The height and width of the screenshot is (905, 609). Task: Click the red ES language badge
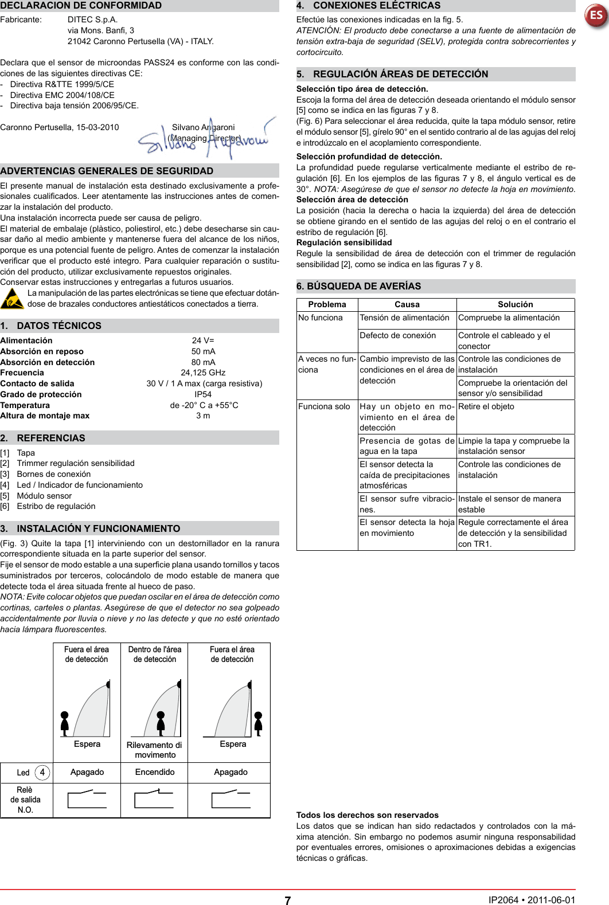pos(596,15)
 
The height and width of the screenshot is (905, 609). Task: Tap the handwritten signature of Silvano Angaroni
pos(204,140)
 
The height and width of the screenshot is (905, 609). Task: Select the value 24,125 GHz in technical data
pos(203,373)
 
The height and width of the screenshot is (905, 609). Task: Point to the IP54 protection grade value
pos(203,394)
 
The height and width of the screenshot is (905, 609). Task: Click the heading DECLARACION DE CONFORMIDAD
pos(81,6)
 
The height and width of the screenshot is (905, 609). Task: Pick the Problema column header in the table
pos(327,304)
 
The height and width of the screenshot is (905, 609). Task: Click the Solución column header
pos(515,304)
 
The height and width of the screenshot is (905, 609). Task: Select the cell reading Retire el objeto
pos(486,406)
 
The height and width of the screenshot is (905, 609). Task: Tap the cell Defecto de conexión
pos(397,335)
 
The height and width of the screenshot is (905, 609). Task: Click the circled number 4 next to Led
pos(42,772)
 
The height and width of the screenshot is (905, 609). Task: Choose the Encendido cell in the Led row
pos(155,772)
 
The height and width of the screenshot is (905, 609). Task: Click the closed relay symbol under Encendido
pos(154,799)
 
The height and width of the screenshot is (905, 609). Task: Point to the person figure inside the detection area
pos(161,723)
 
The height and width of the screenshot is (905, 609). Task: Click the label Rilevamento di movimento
pos(154,750)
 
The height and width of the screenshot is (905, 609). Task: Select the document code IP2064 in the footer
pos(503,900)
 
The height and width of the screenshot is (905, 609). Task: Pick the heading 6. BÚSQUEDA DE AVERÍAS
pos(358,286)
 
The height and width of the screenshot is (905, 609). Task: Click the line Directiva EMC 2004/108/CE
pos(62,95)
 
